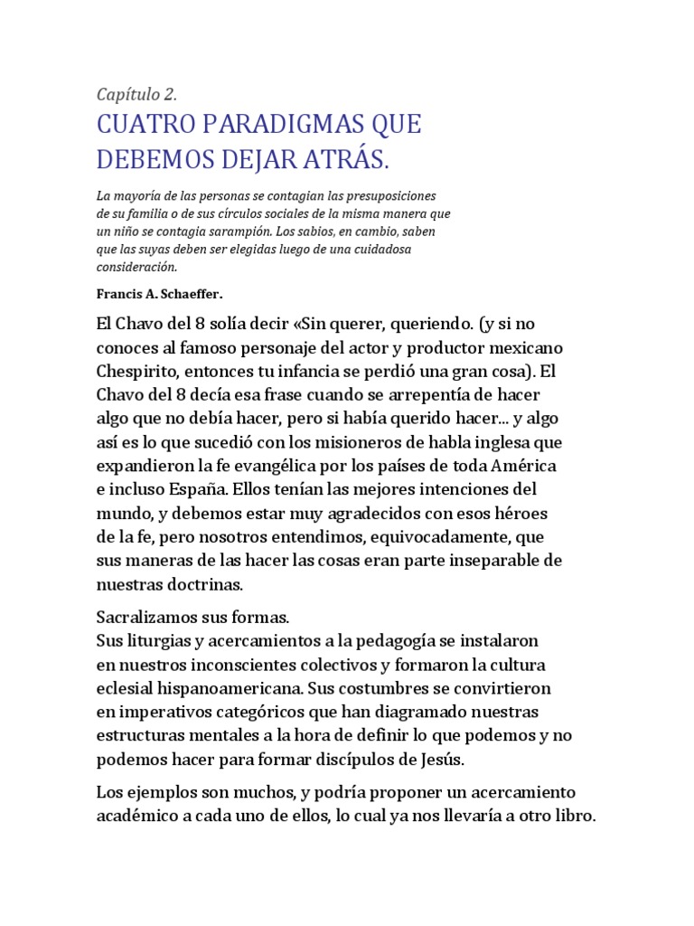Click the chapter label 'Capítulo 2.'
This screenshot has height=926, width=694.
pos(136,95)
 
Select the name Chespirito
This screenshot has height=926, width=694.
pos(139,372)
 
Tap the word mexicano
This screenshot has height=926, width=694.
pos(528,347)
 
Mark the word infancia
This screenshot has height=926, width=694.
pos(305,372)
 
